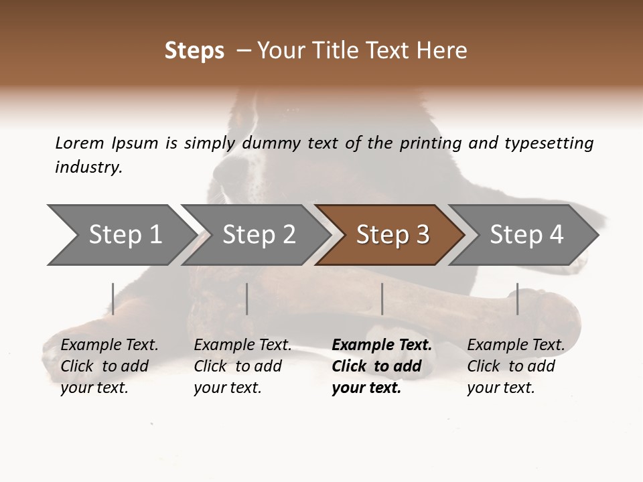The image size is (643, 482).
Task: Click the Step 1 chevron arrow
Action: (121, 235)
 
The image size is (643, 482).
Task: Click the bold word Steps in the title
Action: (194, 51)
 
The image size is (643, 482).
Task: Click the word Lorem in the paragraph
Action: (80, 143)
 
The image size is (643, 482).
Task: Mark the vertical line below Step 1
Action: (113, 299)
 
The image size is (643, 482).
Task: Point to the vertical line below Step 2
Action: (247, 299)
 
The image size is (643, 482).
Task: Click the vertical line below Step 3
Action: (382, 299)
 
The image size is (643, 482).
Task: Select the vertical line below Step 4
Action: (517, 299)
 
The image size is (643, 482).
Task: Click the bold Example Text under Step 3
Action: (382, 345)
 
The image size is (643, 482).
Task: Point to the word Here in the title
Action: (446, 51)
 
